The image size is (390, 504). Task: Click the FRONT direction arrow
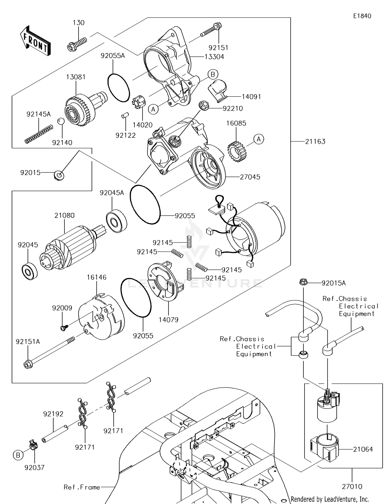pyautogui.click(x=35, y=41)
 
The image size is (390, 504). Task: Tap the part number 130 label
pyautogui.click(x=79, y=23)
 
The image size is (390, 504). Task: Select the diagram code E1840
pyautogui.click(x=362, y=16)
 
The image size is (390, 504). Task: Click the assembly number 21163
pyautogui.click(x=315, y=141)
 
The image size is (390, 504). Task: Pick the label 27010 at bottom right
pyautogui.click(x=352, y=486)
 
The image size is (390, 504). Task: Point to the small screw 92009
pyautogui.click(x=63, y=327)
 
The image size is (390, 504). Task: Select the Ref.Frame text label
pyautogui.click(x=82, y=487)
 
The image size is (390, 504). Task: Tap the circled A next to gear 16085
pyautogui.click(x=259, y=139)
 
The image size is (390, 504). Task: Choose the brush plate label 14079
pyautogui.click(x=168, y=320)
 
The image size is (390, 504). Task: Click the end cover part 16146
pyautogui.click(x=101, y=317)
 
